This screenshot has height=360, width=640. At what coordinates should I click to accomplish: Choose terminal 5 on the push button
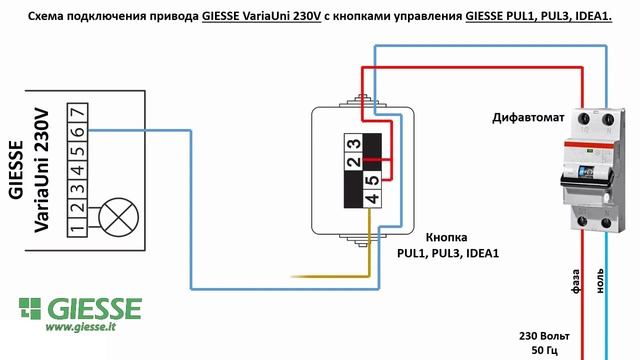371,180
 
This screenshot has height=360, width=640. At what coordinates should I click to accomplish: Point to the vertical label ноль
601,280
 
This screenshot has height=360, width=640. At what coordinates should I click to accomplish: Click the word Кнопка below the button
446,239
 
